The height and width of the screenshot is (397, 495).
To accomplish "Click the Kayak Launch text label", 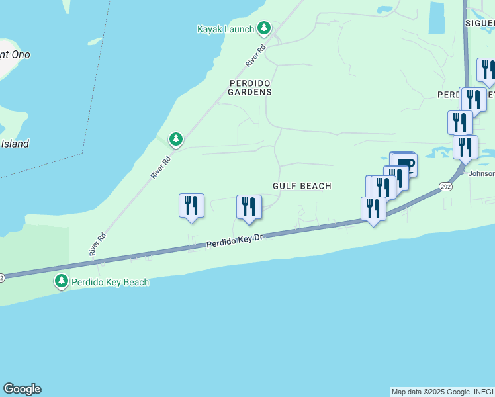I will (x=226, y=29).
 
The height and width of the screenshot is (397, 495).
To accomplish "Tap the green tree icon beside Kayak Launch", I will (x=264, y=28).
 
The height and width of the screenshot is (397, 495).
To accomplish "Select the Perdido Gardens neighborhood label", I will (x=250, y=87).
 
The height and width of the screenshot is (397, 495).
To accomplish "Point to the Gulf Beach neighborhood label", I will (x=302, y=187).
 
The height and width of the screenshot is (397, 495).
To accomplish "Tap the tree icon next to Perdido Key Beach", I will (x=62, y=281).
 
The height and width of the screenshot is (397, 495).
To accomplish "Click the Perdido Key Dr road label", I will (x=235, y=242).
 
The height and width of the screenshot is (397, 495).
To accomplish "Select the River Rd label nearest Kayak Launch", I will (x=255, y=55).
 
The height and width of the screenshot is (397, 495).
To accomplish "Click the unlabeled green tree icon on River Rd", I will (x=175, y=139).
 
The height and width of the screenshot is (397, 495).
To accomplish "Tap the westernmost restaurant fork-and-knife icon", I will (x=191, y=205).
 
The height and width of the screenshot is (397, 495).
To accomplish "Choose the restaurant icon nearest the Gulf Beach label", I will (x=249, y=206).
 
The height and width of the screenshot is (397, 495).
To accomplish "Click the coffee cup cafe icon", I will (x=405, y=163).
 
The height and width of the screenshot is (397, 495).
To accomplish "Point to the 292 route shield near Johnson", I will (x=445, y=187).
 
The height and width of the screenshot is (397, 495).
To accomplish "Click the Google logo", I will (x=22, y=389).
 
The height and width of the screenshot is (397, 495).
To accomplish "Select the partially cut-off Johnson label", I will (x=481, y=175).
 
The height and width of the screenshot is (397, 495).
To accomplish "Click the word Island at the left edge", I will (x=15, y=144).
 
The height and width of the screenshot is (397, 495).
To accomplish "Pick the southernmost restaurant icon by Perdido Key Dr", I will (x=373, y=208).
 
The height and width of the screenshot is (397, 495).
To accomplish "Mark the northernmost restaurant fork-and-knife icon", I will (x=487, y=70).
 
